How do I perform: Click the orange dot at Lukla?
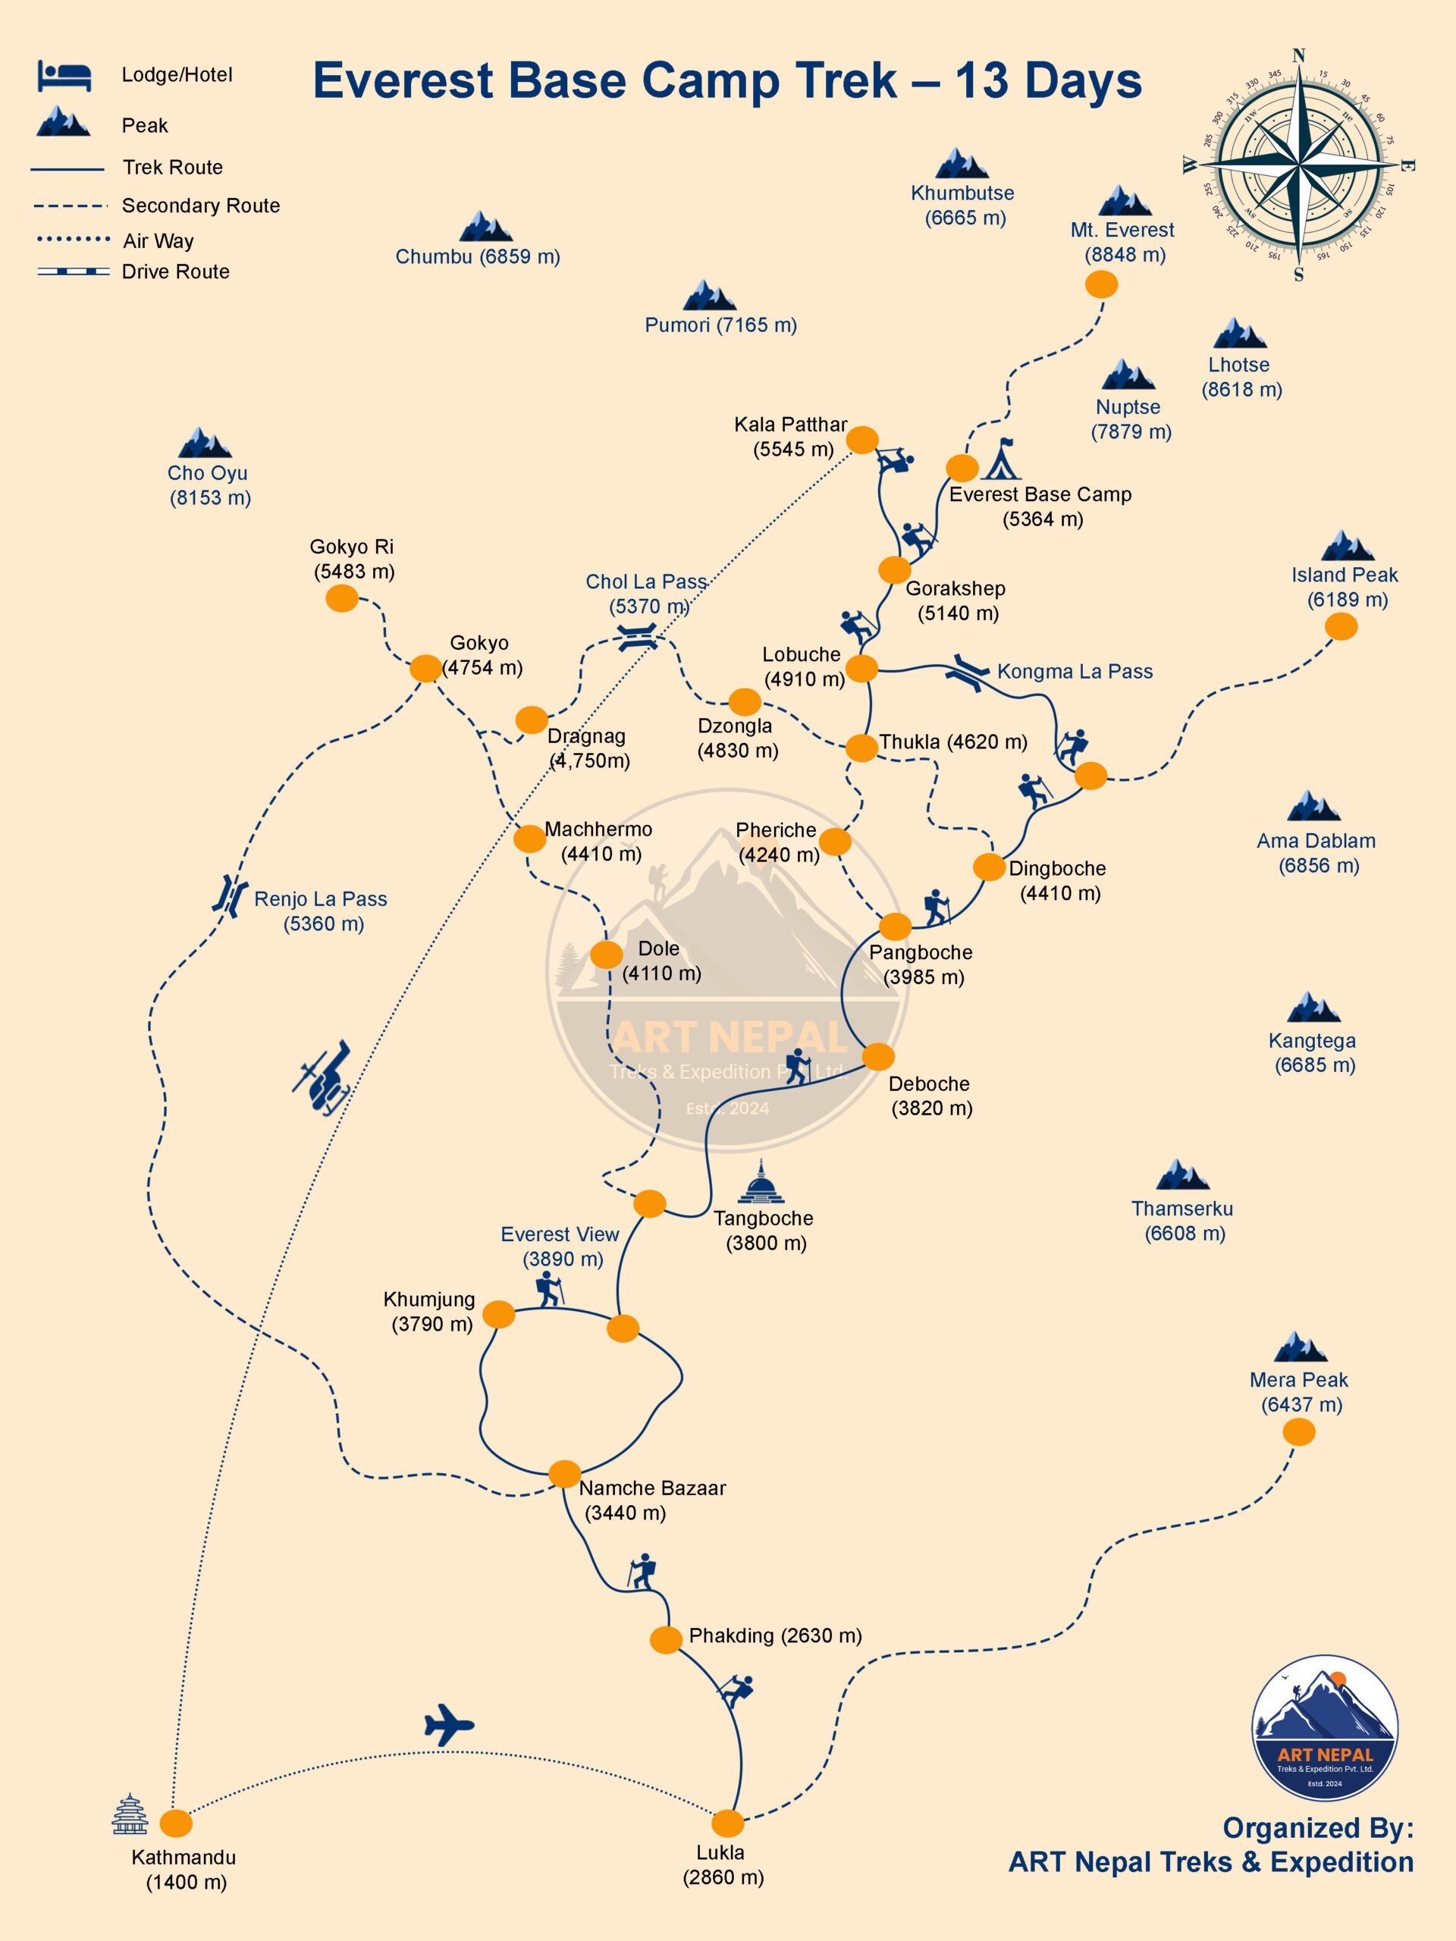tap(726, 1823)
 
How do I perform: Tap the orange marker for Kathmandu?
tap(175, 1823)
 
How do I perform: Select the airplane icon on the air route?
tap(448, 1725)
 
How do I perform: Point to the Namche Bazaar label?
tap(651, 1500)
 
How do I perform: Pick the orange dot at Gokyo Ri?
tap(341, 598)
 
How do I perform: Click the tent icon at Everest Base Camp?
tap(1003, 459)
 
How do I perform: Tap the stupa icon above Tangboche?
tap(761, 1182)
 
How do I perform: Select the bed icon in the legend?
tap(64, 76)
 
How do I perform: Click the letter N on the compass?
tap(1299, 56)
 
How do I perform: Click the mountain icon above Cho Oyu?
tap(205, 443)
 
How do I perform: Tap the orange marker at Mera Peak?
tap(1298, 1432)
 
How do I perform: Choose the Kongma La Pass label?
tap(1075, 671)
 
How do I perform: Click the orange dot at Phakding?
tap(666, 1639)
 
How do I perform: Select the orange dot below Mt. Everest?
tap(1100, 284)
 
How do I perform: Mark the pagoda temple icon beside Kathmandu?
tap(130, 1814)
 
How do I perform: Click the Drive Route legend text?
tap(175, 272)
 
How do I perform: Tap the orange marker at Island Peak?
tap(1340, 626)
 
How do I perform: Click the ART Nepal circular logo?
tap(1324, 1729)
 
